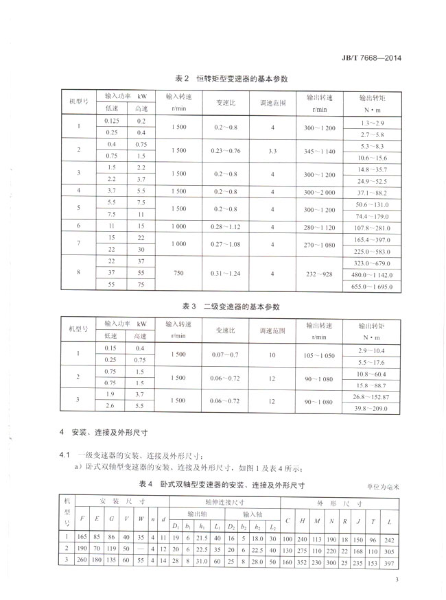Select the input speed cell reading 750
178,273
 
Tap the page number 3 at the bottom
397,581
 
